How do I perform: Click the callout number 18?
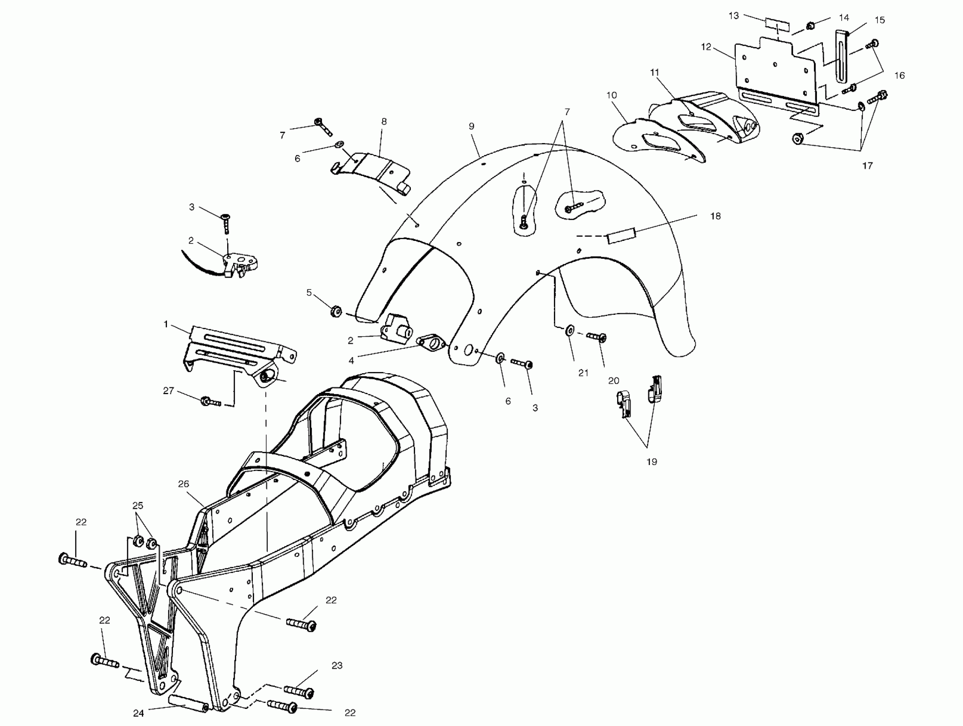[x=715, y=217]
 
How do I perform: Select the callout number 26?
[x=184, y=483]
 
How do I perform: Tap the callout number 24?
[x=138, y=713]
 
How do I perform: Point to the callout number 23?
[x=337, y=665]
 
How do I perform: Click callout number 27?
[x=169, y=391]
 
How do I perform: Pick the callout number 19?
[x=651, y=462]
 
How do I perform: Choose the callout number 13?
[x=734, y=16]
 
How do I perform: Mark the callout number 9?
[x=471, y=126]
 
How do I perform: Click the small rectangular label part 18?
[x=622, y=237]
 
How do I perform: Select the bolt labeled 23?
[x=299, y=691]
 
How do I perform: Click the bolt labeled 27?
[x=210, y=401]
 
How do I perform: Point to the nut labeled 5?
[x=335, y=312]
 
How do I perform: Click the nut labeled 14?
[x=811, y=26]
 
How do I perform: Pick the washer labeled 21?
[x=569, y=331]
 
